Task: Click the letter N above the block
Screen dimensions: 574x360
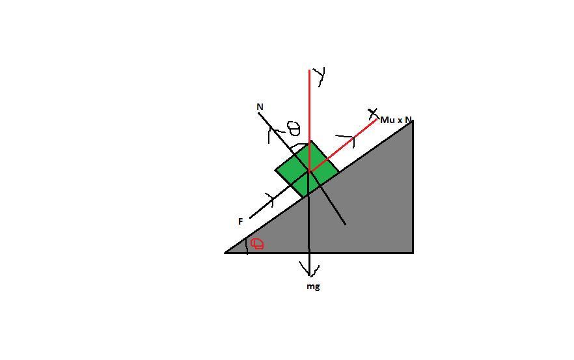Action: pyautogui.click(x=260, y=107)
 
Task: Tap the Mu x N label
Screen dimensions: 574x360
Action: pyautogui.click(x=396, y=120)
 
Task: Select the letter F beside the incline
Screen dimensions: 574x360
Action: pyautogui.click(x=241, y=221)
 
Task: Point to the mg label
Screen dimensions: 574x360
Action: pyautogui.click(x=313, y=286)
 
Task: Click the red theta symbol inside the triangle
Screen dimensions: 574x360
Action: pyautogui.click(x=257, y=243)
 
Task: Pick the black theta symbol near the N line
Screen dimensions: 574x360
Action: pyautogui.click(x=294, y=128)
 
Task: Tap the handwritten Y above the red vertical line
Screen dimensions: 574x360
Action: pyautogui.click(x=321, y=77)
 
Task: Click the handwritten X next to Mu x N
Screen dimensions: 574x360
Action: pyautogui.click(x=373, y=113)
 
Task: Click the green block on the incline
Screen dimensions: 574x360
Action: pyautogui.click(x=307, y=169)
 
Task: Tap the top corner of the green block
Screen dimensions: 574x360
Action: pyautogui.click(x=311, y=141)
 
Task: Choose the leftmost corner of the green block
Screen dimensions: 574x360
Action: pyautogui.click(x=275, y=171)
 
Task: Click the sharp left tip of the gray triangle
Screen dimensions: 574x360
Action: pyautogui.click(x=225, y=253)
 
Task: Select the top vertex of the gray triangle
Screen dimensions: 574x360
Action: pyautogui.click(x=413, y=121)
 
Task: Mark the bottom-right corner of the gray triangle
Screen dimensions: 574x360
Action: pyautogui.click(x=413, y=253)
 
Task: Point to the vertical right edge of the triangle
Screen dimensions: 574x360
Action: pyautogui.click(x=413, y=187)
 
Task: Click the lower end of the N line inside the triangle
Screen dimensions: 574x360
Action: pyautogui.click(x=345, y=224)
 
